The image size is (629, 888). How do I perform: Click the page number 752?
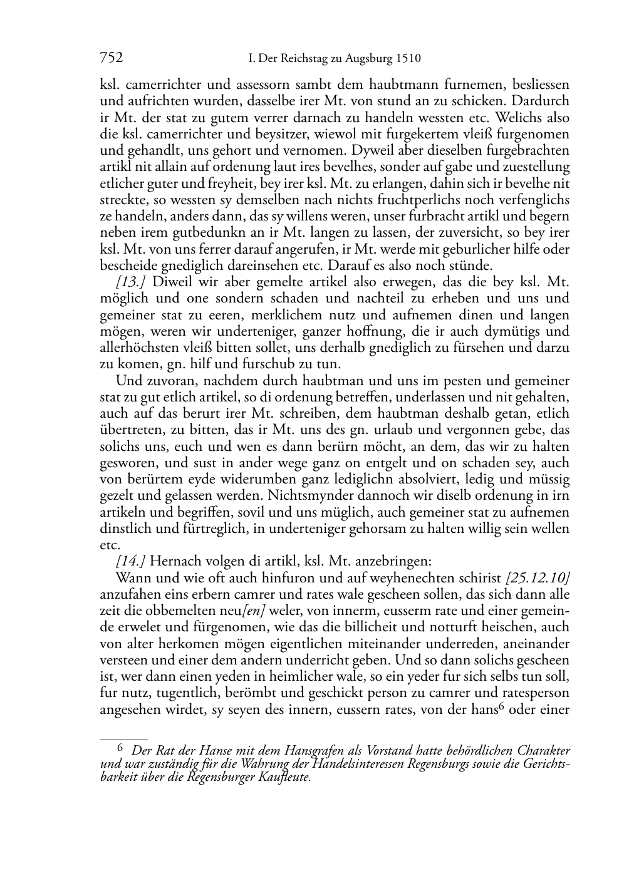point(112,59)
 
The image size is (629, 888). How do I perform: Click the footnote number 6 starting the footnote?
point(121,747)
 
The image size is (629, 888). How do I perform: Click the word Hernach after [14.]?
point(173,560)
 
